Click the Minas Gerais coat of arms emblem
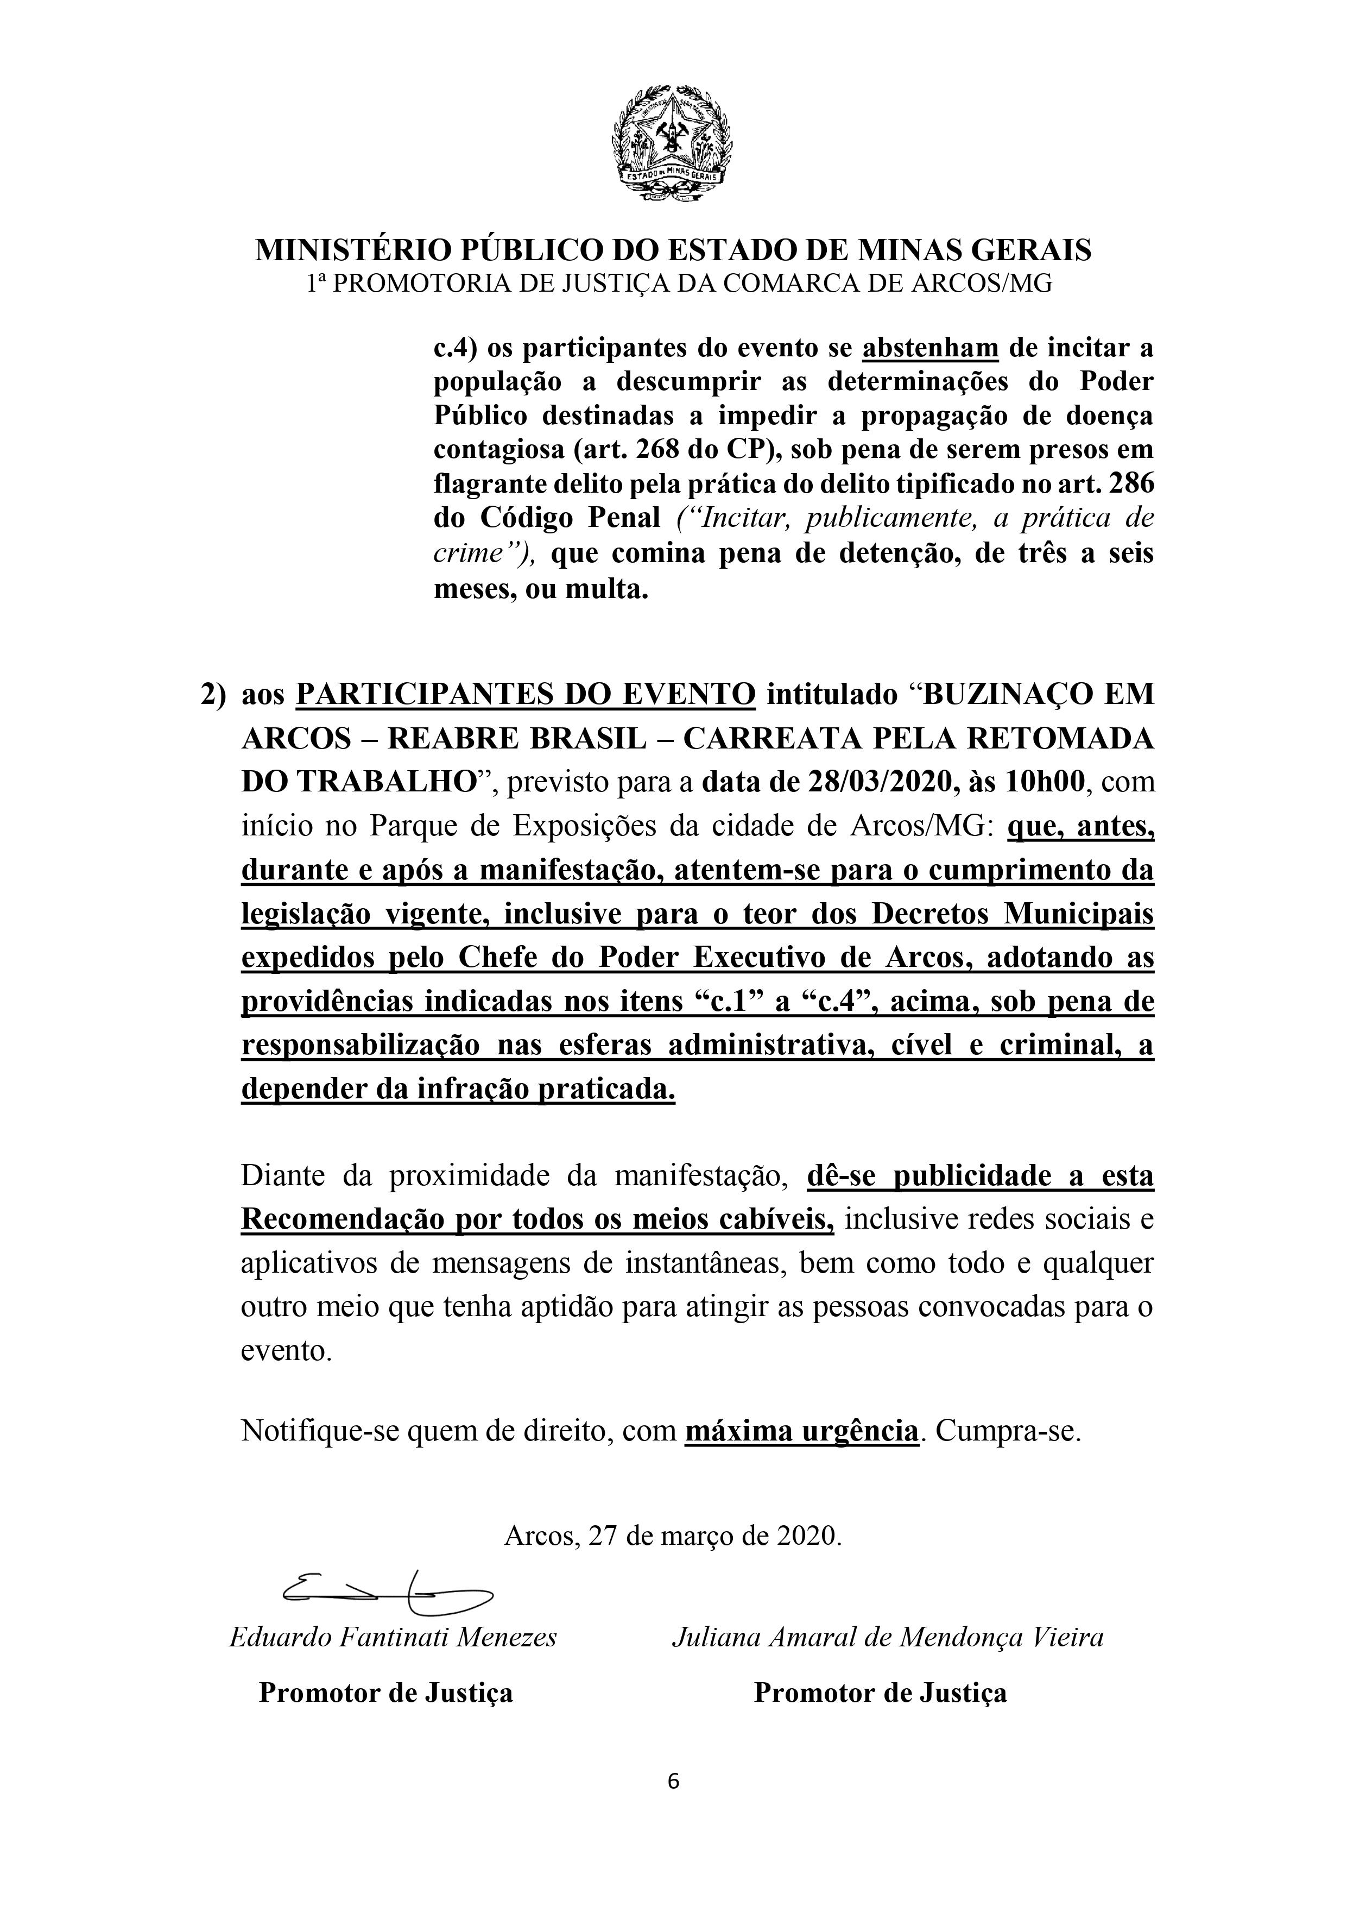coord(673,143)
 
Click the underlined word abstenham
coord(931,348)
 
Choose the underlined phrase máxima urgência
coord(802,1430)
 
